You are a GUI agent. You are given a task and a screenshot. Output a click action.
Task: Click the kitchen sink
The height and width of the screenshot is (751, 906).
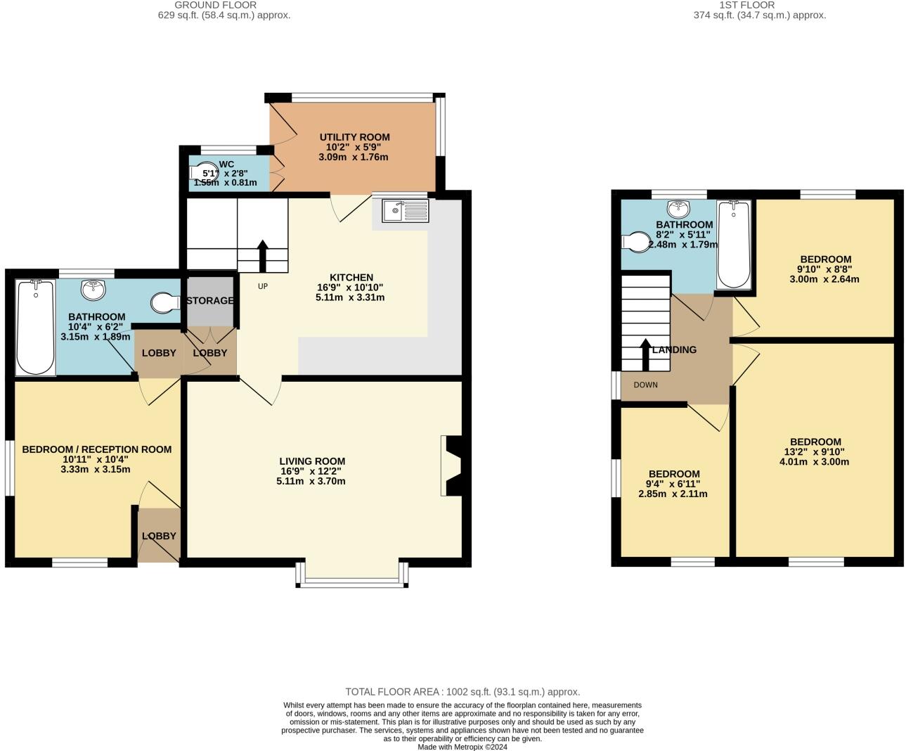click(406, 210)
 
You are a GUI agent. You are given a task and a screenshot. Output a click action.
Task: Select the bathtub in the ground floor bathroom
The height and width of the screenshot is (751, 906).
click(34, 327)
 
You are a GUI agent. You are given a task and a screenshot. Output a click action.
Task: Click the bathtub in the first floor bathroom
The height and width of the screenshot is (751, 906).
click(734, 244)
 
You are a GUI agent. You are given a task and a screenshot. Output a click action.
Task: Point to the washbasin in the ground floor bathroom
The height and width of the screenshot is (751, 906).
click(93, 288)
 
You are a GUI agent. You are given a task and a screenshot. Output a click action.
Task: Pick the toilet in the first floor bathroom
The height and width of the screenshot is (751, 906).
click(637, 242)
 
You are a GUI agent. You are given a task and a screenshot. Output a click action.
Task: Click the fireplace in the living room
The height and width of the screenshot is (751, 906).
click(452, 466)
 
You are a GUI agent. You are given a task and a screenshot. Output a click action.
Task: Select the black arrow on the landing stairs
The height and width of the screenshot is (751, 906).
click(645, 354)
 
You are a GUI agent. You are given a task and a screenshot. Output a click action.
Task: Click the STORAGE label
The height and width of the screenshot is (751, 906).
click(210, 301)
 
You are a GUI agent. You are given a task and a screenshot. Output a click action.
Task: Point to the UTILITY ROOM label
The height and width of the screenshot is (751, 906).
click(354, 137)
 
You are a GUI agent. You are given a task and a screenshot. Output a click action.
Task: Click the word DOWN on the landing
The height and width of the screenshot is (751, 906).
click(645, 385)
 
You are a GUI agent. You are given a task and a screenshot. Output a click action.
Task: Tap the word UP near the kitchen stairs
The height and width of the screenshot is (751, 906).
click(263, 286)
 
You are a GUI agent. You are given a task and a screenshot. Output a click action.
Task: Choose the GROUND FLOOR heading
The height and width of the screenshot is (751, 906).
click(215, 5)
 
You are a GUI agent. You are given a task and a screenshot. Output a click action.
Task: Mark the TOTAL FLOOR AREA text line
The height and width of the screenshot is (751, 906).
click(462, 692)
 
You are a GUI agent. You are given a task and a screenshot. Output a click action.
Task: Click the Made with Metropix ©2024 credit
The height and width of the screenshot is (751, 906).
click(462, 747)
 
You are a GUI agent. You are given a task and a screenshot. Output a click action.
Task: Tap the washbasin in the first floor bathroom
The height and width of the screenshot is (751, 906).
click(678, 208)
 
